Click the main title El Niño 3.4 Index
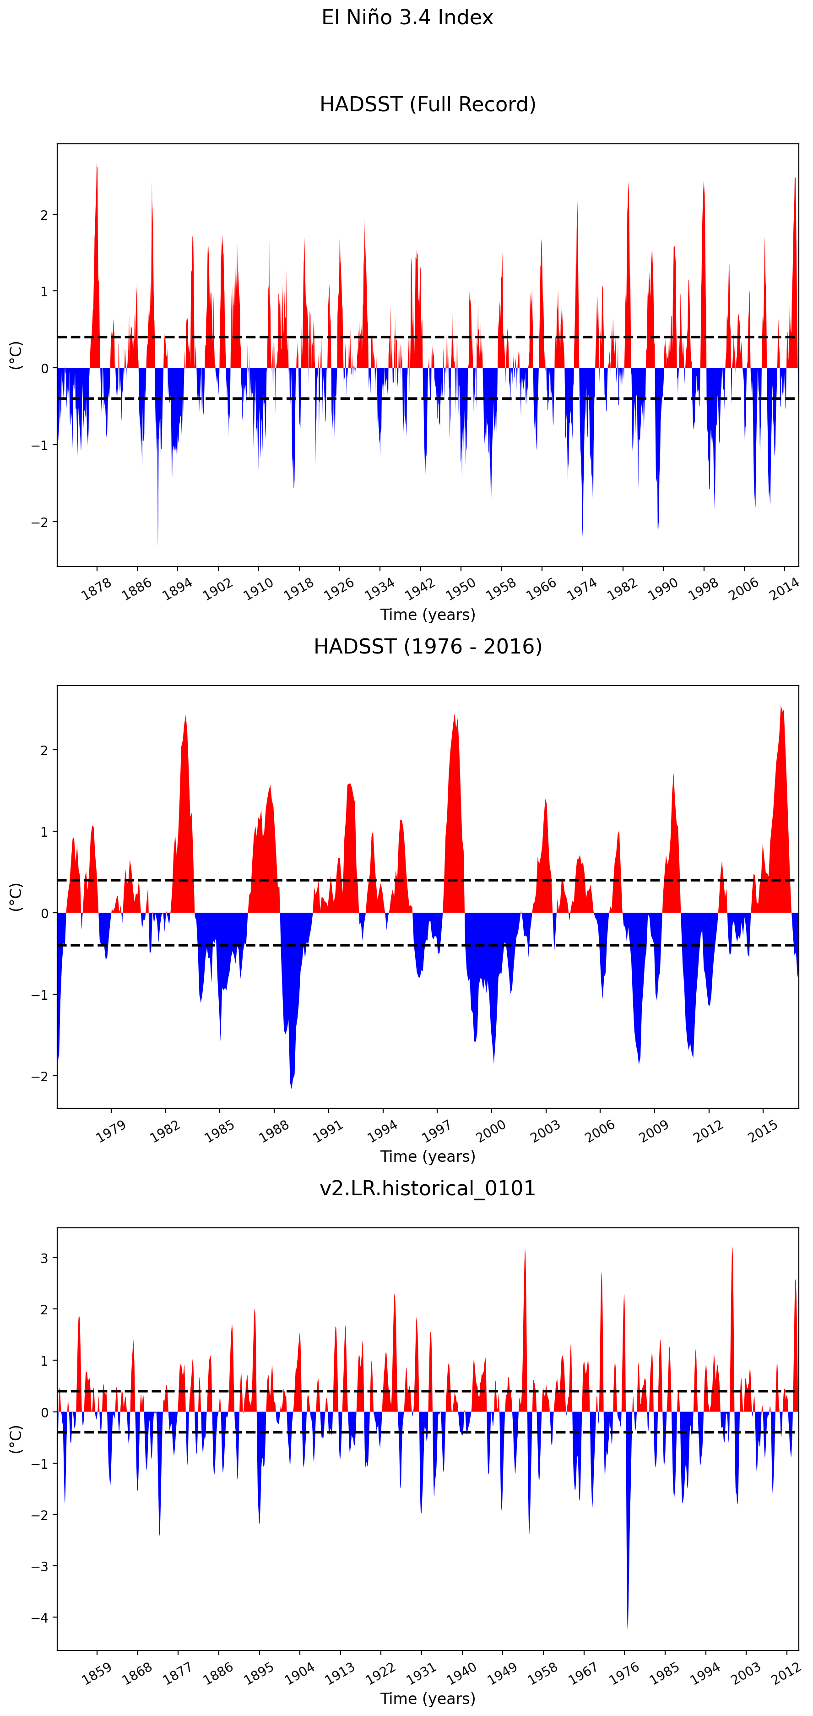pos(407,17)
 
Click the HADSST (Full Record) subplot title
pos(428,104)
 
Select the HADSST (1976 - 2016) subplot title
pos(428,646)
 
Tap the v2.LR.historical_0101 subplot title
pos(428,1188)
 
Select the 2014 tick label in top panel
pos(784,589)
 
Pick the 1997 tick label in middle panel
pos(436,1130)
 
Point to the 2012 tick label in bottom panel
pos(786,1672)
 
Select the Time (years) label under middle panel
pos(428,1156)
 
